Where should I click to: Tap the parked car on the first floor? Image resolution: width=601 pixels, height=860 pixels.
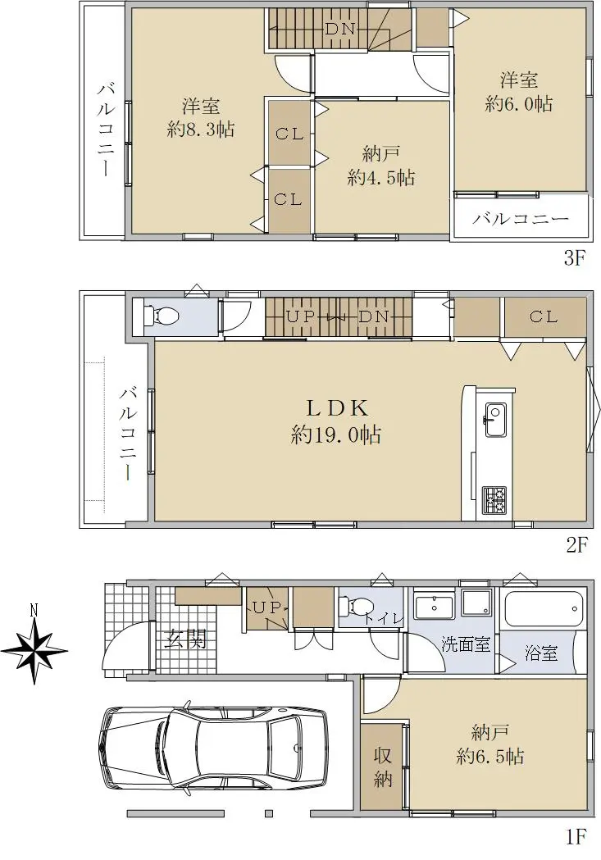point(214,749)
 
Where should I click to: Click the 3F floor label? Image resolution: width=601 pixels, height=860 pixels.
point(576,257)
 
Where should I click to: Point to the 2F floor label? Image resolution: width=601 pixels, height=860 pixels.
point(576,544)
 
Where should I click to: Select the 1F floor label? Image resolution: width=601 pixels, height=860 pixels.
point(576,837)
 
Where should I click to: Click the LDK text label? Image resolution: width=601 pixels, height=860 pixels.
point(337,408)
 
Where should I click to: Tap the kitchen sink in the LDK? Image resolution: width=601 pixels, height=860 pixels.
point(496,420)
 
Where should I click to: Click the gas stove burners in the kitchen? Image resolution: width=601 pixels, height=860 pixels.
point(494,500)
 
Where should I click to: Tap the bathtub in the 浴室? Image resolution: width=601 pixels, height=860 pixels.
point(544,608)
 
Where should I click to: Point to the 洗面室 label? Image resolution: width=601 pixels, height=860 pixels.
point(466,644)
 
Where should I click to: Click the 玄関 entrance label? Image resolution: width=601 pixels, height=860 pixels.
point(186,639)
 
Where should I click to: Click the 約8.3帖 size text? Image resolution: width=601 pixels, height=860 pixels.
point(201,130)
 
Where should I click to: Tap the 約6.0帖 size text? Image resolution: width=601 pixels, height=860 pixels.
point(519,103)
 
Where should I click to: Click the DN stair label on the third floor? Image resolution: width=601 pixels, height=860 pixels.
point(340,29)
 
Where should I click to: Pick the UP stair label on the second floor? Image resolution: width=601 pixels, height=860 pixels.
point(301,316)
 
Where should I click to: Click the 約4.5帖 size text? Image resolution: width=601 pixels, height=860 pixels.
point(381,178)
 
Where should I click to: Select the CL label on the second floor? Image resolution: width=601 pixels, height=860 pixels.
point(544,316)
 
